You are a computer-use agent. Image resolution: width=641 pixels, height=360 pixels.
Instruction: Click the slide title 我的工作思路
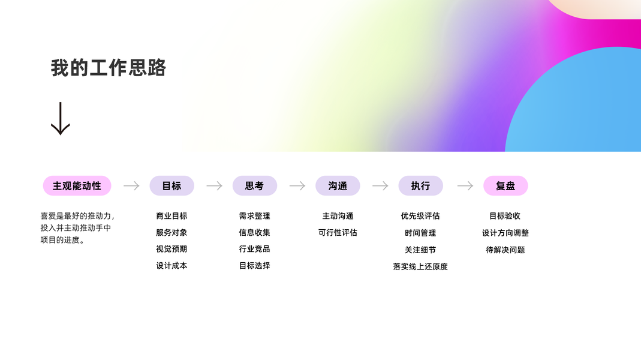point(108,68)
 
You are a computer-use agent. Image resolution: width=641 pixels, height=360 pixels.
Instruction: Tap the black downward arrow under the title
point(61,118)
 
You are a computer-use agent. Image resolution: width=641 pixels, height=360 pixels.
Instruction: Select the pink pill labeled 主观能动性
point(77,186)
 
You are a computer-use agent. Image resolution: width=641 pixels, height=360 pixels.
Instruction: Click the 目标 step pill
point(171,186)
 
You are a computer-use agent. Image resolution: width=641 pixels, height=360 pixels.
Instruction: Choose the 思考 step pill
point(254,186)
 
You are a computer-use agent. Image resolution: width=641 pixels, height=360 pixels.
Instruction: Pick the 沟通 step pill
point(338,186)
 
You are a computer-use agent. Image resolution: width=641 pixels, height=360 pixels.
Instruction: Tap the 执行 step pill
point(420,186)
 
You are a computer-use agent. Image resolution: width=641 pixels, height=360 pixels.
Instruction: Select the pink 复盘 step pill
point(505,186)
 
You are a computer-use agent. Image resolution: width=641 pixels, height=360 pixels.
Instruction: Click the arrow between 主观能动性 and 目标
point(131,186)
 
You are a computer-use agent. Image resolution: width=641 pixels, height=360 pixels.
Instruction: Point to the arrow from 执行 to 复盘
point(465,186)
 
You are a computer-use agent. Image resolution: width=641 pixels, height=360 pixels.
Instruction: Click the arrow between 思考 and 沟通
point(297,186)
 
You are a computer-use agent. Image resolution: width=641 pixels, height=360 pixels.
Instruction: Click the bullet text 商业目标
point(171,216)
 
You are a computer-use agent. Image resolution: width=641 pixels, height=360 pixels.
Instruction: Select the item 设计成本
point(171,265)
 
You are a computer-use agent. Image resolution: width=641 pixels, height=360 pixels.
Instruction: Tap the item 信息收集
point(254,232)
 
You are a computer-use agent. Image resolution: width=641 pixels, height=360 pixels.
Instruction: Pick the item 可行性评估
point(338,232)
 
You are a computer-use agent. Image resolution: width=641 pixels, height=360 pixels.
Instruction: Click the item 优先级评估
point(420,216)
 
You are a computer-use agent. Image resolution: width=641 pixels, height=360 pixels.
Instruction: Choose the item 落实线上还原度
point(420,266)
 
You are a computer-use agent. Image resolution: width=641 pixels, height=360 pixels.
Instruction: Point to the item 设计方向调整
point(505,233)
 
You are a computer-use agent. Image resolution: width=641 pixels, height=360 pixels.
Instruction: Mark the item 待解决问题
point(505,250)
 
